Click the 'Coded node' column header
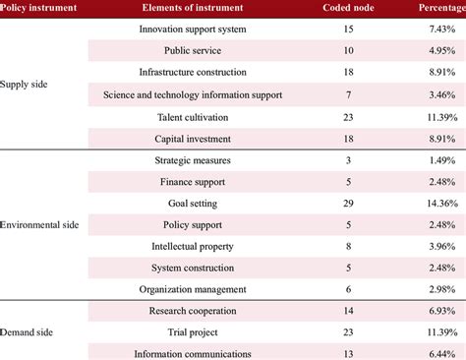point(348,9)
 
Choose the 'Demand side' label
point(30,332)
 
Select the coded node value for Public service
point(348,51)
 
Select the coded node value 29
point(348,203)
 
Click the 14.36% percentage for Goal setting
point(434,203)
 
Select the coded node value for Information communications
point(348,353)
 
